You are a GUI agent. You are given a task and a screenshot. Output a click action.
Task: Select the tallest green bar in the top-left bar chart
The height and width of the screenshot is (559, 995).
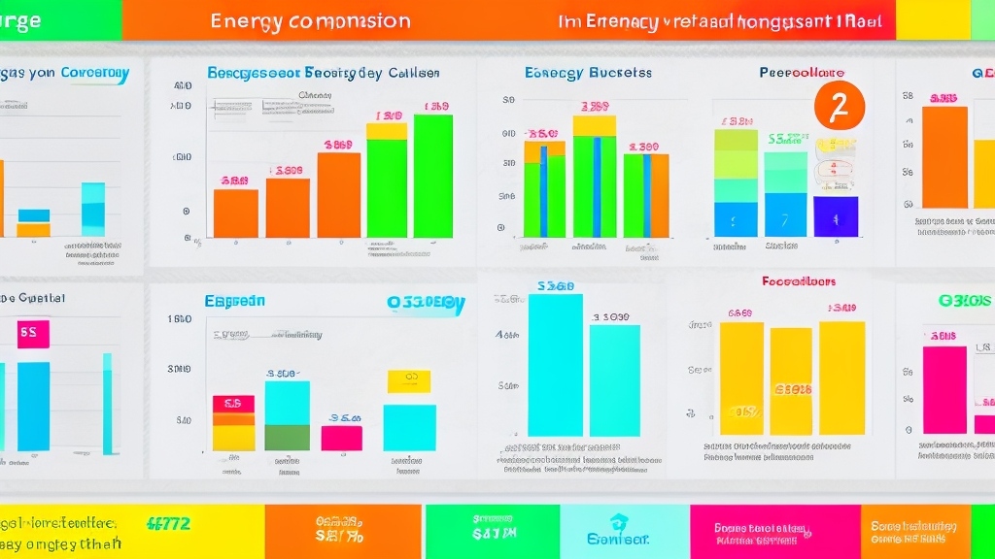[x=432, y=176]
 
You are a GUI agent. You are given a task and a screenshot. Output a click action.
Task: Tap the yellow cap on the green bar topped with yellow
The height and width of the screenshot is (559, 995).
[x=386, y=131]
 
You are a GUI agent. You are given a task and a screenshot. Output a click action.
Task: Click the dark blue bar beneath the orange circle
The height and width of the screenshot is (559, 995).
[x=836, y=216]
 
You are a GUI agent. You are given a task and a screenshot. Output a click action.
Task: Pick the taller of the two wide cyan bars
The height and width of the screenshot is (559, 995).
[x=555, y=365]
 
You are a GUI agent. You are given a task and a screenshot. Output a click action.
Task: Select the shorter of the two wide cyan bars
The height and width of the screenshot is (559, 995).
[x=615, y=379]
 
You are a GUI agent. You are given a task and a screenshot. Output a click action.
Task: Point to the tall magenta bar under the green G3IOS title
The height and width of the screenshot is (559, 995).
[x=944, y=389]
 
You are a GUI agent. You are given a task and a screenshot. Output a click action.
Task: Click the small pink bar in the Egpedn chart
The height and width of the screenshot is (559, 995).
[x=341, y=438]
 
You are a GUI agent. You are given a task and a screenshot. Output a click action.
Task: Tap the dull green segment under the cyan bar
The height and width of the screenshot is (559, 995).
[x=287, y=438]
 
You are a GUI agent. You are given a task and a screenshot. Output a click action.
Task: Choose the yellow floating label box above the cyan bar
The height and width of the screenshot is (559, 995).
[x=409, y=381]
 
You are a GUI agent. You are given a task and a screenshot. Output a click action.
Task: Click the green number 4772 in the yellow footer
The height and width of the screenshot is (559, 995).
[x=168, y=523]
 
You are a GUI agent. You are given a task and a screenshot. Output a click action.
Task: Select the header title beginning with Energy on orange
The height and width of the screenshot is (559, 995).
[x=310, y=20]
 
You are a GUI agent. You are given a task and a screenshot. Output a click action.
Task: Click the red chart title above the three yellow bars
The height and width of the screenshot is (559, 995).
[x=799, y=282]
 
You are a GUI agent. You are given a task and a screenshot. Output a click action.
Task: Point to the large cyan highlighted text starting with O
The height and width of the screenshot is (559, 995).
[x=426, y=302]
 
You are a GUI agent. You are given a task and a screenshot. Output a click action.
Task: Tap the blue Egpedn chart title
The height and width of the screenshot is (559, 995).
[x=234, y=302]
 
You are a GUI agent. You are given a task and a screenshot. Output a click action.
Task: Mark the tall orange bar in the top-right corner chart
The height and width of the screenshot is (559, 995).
[x=944, y=157]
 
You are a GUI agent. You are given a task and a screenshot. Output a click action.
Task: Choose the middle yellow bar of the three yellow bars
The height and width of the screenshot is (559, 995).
[x=791, y=380]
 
